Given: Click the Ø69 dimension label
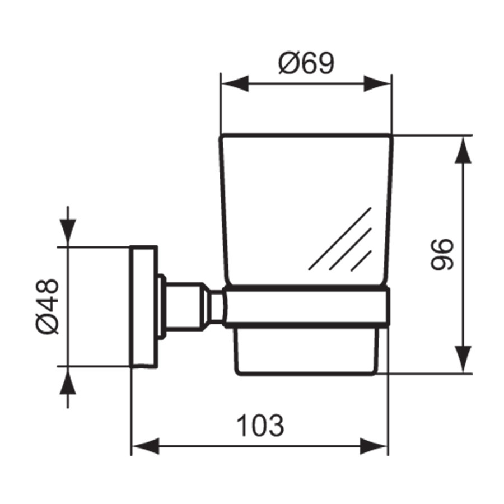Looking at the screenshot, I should click(306, 64).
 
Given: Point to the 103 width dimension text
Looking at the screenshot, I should click(260, 426).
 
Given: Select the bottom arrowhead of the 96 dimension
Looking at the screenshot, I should click(463, 358).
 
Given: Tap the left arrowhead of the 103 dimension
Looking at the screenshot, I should click(144, 446).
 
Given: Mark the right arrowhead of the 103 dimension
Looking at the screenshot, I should click(374, 446).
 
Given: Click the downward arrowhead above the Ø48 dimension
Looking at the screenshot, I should click(68, 232).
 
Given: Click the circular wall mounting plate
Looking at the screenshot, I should click(144, 306).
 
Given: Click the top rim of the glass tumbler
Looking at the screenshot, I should click(306, 136).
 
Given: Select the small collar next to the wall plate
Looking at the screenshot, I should click(162, 306).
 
